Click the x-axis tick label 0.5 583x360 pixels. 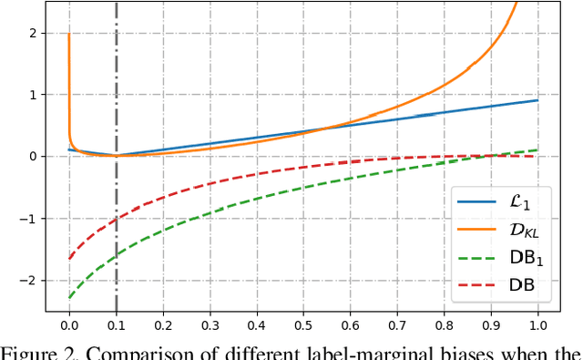pyautogui.click(x=303, y=324)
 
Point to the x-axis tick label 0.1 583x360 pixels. pyautogui.click(x=116, y=324)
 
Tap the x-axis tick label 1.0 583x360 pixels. pyautogui.click(x=537, y=324)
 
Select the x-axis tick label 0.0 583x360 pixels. pyautogui.click(x=69, y=324)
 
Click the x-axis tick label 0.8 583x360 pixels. pyautogui.click(x=444, y=324)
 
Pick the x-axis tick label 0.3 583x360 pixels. pyautogui.click(x=210, y=324)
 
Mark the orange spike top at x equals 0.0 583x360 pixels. pyautogui.click(x=69, y=35)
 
